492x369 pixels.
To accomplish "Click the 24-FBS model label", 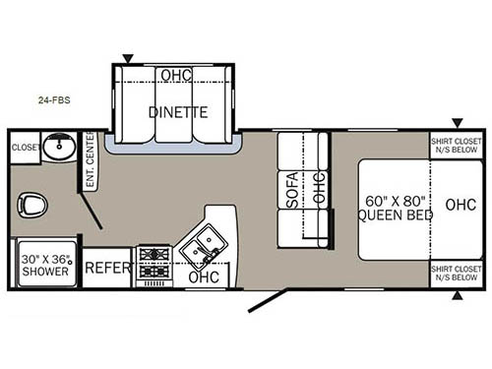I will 53,99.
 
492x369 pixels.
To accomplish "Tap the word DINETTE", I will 177,111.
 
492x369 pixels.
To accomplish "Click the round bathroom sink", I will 61,151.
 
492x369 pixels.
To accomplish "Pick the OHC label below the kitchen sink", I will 203,277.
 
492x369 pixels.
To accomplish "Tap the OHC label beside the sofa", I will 317,187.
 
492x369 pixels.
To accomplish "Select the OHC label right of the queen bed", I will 460,207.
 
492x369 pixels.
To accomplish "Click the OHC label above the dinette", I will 177,76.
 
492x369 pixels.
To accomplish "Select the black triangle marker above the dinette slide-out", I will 126,59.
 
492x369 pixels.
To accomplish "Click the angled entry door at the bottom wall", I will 268,299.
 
